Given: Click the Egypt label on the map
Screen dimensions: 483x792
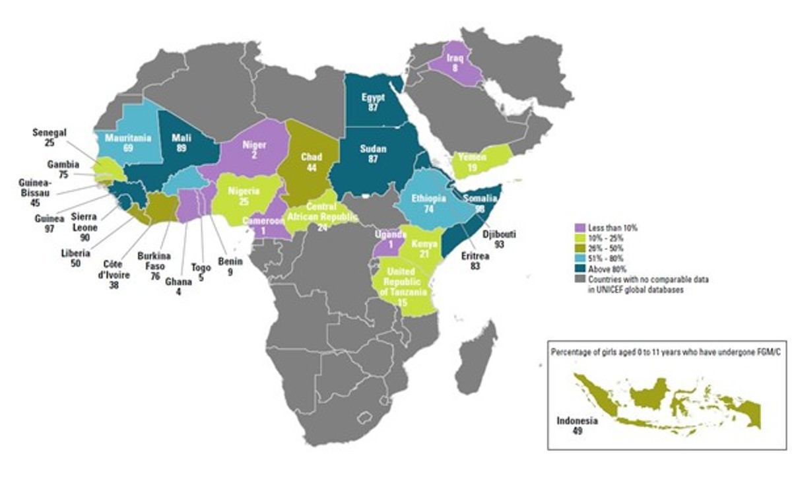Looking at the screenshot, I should point(373,97).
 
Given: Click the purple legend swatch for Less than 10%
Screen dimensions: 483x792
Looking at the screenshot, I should point(580,228).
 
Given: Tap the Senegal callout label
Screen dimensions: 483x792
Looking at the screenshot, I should point(50,133).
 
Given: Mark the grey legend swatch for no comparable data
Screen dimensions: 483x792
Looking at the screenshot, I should point(580,280).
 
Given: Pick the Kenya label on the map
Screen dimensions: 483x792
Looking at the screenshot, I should point(420,245).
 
